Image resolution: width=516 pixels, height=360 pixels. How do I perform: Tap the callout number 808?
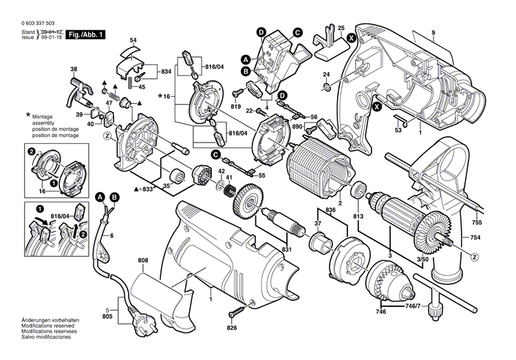(142, 261)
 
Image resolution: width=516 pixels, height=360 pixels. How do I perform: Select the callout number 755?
(477, 223)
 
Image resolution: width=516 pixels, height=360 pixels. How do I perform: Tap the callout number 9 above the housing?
(433, 34)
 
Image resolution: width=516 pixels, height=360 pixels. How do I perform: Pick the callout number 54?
(133, 41)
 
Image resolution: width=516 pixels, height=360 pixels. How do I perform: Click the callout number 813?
(358, 217)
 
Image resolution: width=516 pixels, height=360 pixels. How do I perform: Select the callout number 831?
(286, 249)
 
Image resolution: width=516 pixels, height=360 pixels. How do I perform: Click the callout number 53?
(398, 131)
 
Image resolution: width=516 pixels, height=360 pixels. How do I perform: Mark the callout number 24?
(327, 74)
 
